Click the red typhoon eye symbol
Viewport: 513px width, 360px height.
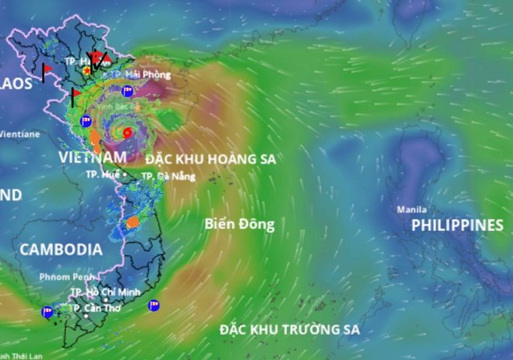point(127,133)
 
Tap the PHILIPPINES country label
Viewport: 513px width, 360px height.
point(457,225)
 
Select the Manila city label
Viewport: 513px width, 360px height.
point(411,210)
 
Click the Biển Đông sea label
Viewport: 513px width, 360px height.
point(240,224)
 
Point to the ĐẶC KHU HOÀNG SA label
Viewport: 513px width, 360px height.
point(211,159)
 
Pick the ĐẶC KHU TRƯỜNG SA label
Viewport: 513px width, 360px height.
point(290,330)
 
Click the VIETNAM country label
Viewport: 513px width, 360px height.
point(92,157)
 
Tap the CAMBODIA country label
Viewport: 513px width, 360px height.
point(61,250)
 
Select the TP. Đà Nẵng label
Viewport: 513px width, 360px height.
point(164,177)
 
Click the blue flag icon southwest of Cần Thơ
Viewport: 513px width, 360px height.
point(47,312)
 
